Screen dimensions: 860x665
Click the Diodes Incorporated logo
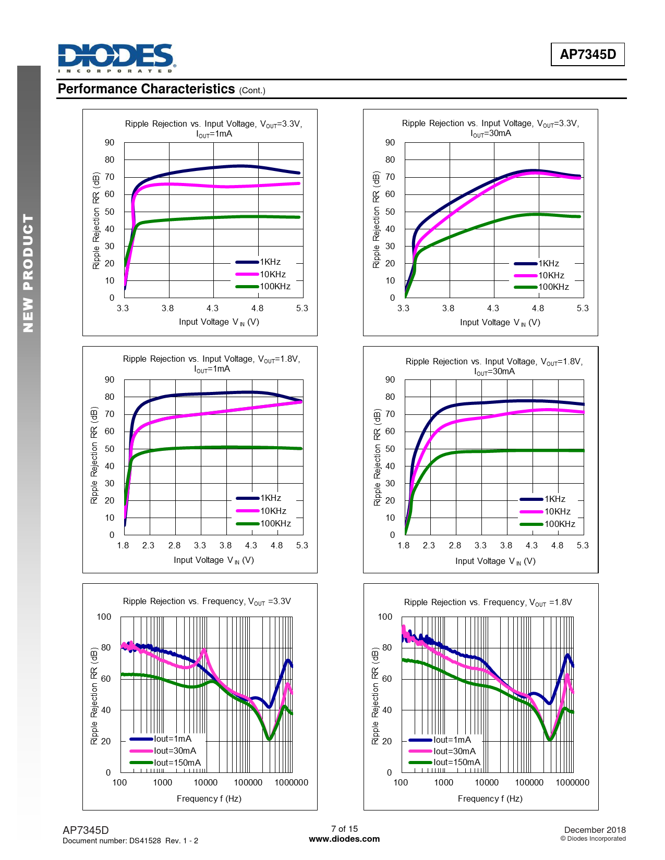116,58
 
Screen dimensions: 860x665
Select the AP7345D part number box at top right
587,54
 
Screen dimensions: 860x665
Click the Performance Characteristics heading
147,89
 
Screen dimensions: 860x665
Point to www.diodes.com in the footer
344,839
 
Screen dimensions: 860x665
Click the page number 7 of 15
344,829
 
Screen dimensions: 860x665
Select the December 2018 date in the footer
595,830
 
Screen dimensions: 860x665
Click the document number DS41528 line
130,840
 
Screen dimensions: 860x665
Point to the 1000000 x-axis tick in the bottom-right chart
572,782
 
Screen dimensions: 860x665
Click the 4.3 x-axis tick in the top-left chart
212,308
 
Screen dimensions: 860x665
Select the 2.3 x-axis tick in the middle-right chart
429,545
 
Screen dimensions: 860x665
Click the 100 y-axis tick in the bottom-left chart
104,617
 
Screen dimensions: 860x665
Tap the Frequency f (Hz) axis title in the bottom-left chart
209,798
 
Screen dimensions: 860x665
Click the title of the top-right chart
490,128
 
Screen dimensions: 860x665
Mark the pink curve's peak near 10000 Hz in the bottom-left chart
204,650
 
